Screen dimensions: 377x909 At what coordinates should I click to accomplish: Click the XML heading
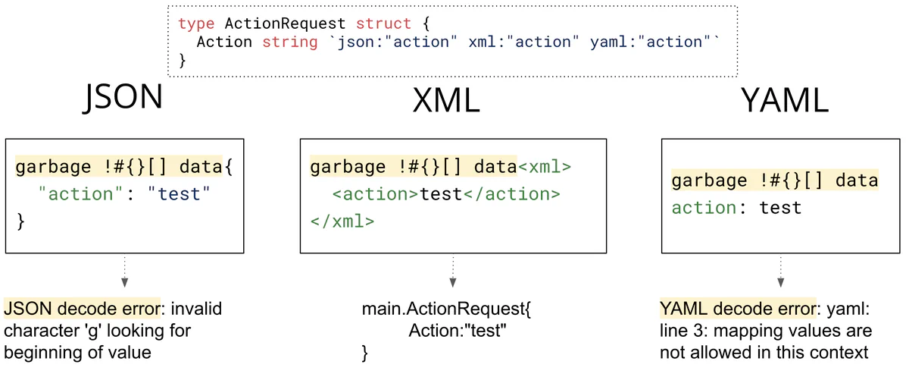446,101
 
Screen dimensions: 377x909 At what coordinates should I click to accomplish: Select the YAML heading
782,101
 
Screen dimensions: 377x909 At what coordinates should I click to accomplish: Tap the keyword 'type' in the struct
196,24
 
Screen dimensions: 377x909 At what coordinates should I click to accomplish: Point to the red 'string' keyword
290,42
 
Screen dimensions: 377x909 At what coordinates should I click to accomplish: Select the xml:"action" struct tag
525,42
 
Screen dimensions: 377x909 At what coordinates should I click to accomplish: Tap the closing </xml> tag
342,222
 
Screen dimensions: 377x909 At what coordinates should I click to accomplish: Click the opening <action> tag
375,194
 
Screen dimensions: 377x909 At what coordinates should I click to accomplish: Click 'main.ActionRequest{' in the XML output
448,309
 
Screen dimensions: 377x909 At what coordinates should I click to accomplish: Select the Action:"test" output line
457,331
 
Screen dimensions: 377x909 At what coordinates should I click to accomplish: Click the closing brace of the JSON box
20,222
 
